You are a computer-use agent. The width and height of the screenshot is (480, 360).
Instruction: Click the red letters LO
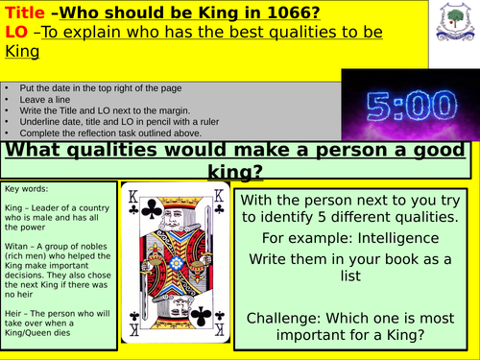point(16,34)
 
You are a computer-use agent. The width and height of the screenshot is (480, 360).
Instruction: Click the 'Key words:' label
point(25,190)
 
